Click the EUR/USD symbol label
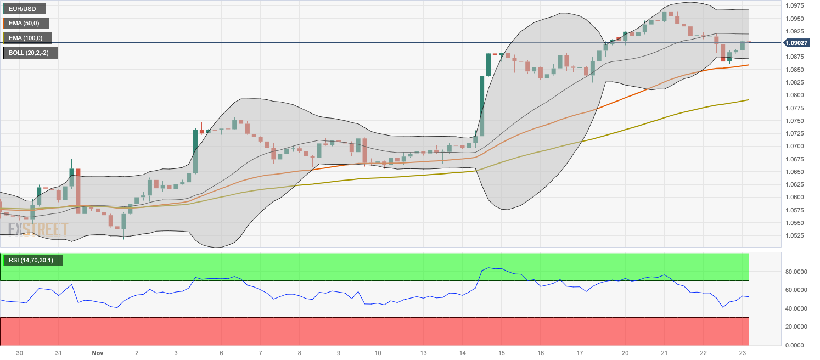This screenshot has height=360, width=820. point(24,8)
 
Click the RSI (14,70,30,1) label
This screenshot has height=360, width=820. point(33,260)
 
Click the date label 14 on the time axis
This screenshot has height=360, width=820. point(462,353)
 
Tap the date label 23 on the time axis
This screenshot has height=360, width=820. point(743,353)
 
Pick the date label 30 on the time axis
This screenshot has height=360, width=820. point(20,353)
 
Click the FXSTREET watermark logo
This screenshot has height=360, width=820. point(38,229)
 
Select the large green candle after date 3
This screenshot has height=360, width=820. point(195,151)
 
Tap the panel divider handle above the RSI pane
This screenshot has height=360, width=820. point(390,250)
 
